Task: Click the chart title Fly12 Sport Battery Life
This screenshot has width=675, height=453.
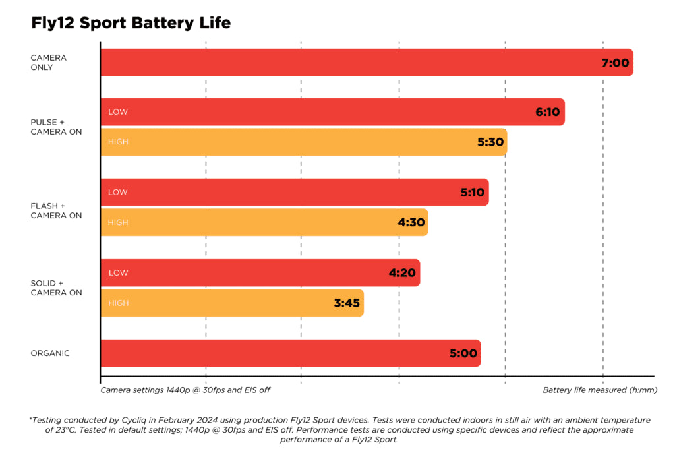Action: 131,24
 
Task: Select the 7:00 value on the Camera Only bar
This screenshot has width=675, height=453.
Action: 616,63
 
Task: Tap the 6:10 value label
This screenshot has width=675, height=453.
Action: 547,112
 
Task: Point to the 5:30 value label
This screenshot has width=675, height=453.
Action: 490,142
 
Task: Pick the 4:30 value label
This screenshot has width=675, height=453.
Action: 411,222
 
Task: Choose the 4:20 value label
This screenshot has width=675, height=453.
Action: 402,273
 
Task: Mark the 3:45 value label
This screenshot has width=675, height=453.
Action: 346,303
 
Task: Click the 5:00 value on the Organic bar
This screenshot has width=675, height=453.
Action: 463,353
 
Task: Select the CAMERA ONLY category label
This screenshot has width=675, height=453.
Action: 48,63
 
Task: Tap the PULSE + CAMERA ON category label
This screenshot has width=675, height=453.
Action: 56,127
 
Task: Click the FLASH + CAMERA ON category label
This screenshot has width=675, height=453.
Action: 56,210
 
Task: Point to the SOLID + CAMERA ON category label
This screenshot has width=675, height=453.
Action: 56,288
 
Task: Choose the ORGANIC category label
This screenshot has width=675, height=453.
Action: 50,353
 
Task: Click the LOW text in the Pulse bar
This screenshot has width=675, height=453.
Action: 118,112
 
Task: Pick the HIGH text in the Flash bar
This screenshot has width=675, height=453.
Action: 118,223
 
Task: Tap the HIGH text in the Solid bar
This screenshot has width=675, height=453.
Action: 118,303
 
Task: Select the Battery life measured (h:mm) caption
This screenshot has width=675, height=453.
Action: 600,390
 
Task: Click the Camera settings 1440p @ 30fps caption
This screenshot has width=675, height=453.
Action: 185,390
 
